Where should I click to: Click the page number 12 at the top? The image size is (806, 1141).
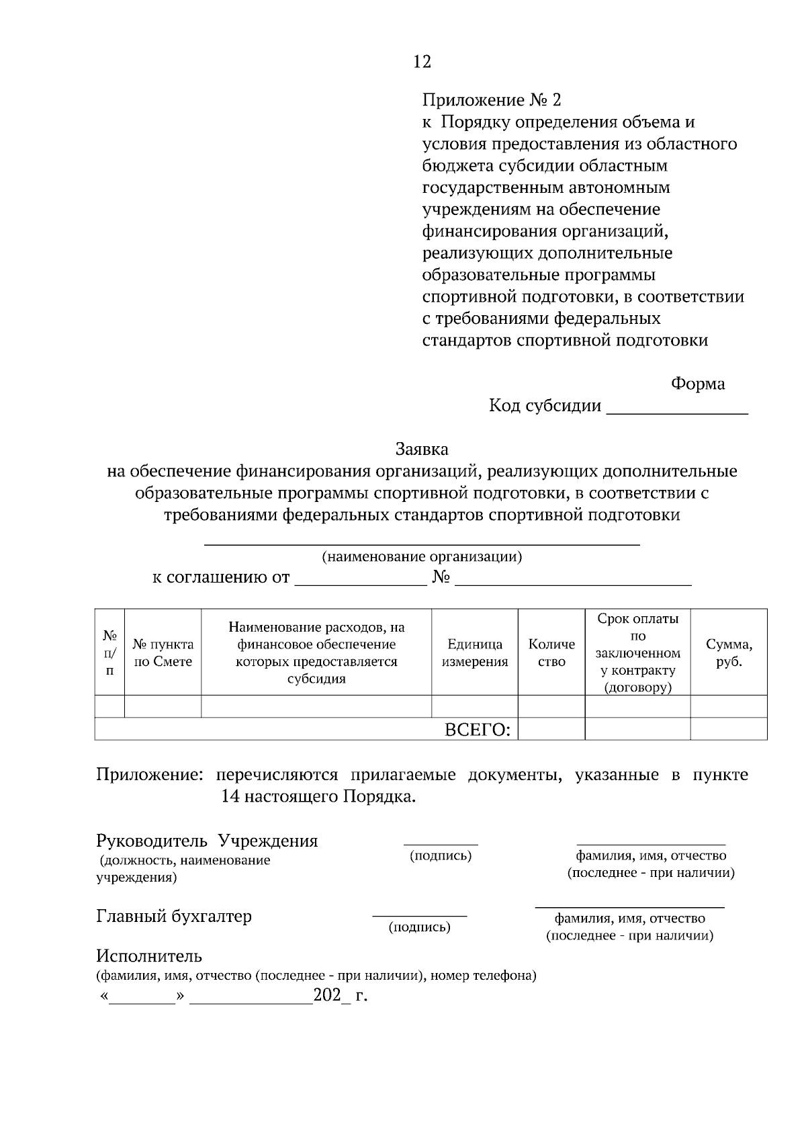coord(422,62)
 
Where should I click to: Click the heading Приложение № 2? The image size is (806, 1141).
coord(491,100)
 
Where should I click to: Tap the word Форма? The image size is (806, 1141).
coord(698,384)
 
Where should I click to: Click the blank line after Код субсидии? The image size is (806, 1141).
coord(676,407)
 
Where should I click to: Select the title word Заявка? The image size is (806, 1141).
coord(422,449)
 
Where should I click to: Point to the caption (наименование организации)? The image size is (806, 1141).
coord(422,556)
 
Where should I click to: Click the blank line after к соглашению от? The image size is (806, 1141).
coord(361,579)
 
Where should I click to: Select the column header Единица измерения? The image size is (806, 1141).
coord(475,652)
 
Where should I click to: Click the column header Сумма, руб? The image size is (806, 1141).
coord(729,652)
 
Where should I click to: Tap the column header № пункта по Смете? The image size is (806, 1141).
coord(163,652)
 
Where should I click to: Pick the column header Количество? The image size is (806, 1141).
coord(551,652)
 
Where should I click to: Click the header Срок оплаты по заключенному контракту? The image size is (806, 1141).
coord(637,652)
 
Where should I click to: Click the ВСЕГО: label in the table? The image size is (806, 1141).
coord(478,730)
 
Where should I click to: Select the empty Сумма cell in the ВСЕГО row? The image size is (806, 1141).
coord(729,729)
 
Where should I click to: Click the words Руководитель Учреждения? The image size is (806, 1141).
coord(207,841)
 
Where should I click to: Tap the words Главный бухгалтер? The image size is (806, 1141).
coord(174,916)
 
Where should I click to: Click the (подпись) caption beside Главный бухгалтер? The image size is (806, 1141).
coord(420,927)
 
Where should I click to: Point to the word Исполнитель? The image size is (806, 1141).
coord(148,956)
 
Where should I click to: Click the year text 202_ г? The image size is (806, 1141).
coord(340,995)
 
